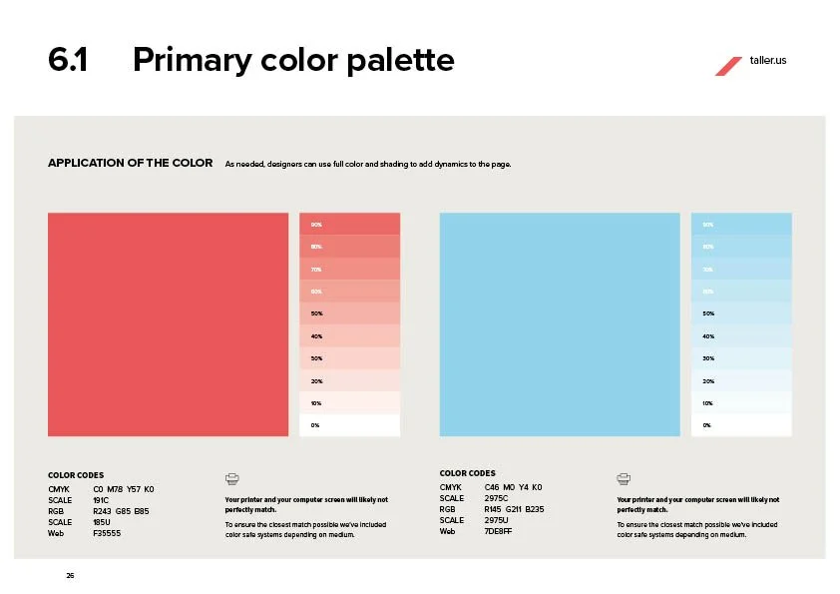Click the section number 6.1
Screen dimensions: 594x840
[68, 61]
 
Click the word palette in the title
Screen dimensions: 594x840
[399, 61]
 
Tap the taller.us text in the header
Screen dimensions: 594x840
[768, 61]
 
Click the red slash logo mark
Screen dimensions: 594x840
[727, 65]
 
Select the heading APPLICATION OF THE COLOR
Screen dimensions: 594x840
[130, 163]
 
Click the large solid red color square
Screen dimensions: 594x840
[168, 324]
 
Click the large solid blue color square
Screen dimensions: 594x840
[559, 324]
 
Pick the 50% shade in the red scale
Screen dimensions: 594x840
[349, 313]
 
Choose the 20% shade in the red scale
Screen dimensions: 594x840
[349, 380]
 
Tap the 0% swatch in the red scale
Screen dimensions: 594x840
[349, 425]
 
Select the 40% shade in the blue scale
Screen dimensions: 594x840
[740, 336]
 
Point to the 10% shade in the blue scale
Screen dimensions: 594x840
[740, 403]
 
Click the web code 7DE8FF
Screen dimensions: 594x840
[498, 531]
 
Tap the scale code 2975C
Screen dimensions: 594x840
[496, 498]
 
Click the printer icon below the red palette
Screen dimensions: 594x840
[232, 479]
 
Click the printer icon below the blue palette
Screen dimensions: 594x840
[624, 479]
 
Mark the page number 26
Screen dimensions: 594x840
[70, 576]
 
